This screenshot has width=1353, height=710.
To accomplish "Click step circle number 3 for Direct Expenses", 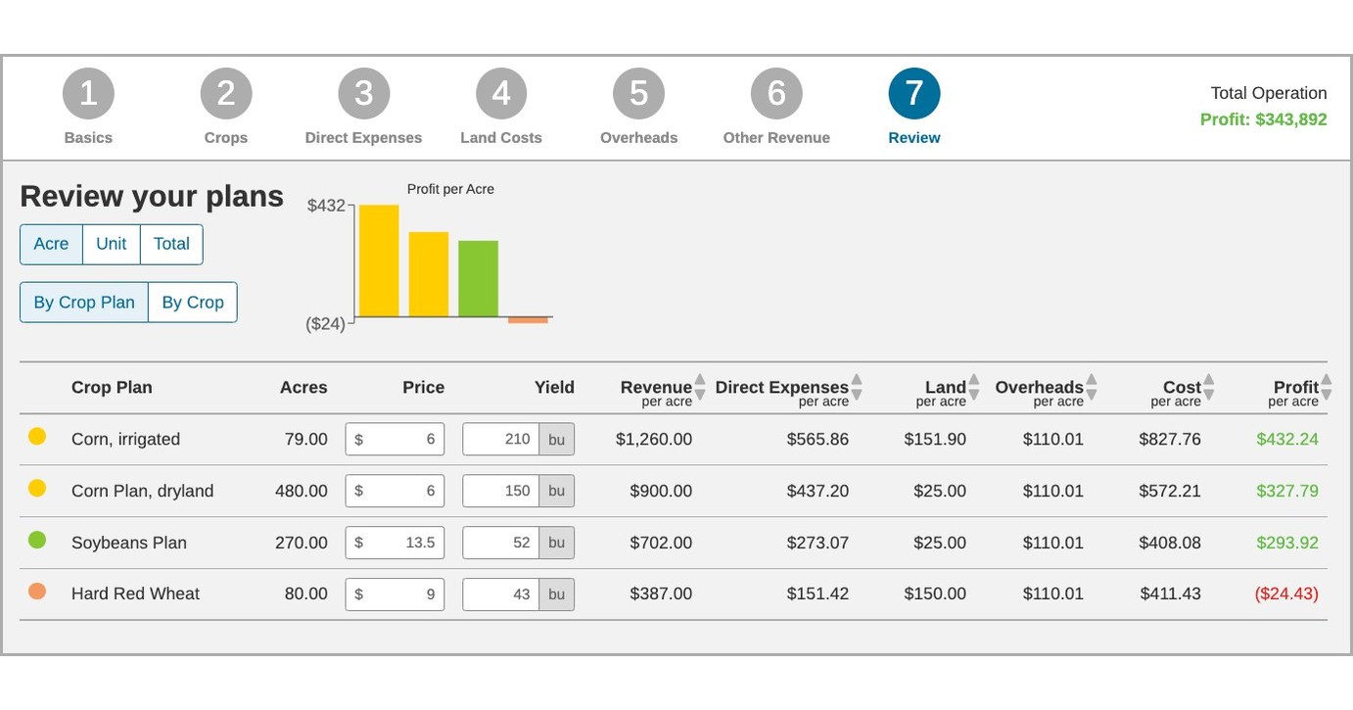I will (x=363, y=94).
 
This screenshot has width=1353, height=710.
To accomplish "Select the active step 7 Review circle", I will (x=913, y=94).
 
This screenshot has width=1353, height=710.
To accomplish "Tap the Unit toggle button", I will (x=112, y=244).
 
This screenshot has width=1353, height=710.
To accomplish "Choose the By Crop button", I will (x=193, y=303).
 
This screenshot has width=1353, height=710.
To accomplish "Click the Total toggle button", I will (x=171, y=244).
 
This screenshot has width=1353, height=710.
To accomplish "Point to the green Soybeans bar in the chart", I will (x=478, y=278).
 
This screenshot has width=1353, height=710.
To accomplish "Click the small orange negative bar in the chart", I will (x=528, y=320).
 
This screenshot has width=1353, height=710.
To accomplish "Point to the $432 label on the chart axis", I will (x=326, y=206).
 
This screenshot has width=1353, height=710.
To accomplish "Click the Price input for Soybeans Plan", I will (x=396, y=543).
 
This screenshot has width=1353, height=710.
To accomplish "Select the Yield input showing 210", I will (x=501, y=440).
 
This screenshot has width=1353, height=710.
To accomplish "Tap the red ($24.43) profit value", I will (x=1285, y=593).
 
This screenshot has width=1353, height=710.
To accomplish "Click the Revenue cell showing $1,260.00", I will (x=654, y=440).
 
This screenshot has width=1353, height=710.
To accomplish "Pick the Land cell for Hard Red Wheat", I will (x=935, y=593).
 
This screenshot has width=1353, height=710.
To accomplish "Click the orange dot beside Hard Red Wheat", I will (x=37, y=592).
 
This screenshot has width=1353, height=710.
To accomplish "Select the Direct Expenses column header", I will (x=781, y=388).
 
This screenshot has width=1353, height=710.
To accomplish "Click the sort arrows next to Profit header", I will (x=1326, y=388).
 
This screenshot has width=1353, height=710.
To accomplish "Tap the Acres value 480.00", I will (x=302, y=491).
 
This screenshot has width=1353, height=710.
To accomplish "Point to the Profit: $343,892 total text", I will (x=1263, y=119).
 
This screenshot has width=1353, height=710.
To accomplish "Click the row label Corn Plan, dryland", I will (x=142, y=491).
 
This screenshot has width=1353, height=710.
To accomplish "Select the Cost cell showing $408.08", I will (x=1170, y=543).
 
